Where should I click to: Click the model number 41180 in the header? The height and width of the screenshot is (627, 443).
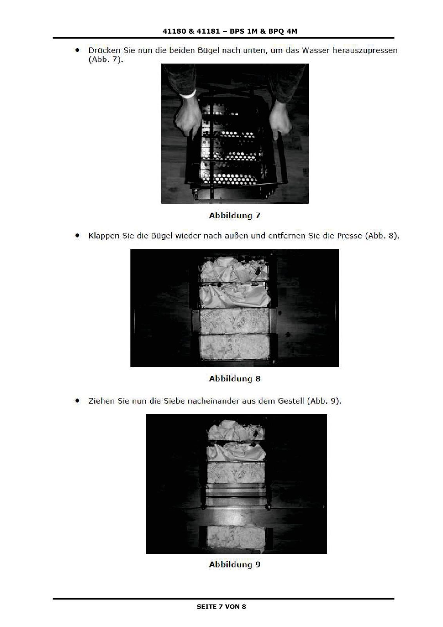(174, 31)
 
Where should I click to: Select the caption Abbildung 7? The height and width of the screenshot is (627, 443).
(235, 216)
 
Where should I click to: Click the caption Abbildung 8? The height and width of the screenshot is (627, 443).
(235, 379)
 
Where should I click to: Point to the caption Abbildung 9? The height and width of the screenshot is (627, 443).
(235, 564)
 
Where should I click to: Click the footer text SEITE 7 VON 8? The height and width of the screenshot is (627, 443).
(221, 607)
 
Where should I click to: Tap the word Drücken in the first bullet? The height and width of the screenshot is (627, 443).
(104, 51)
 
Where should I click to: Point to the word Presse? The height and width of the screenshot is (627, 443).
(349, 236)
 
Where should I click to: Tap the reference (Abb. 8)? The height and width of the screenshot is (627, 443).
(382, 236)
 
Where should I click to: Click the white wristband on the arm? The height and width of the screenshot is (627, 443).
(188, 94)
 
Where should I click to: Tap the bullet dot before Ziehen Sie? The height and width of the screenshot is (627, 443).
(77, 400)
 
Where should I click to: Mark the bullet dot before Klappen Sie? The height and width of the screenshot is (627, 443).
(77, 236)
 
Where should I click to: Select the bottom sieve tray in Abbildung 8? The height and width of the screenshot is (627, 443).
(235, 347)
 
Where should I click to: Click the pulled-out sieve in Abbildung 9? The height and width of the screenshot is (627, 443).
(236, 535)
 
